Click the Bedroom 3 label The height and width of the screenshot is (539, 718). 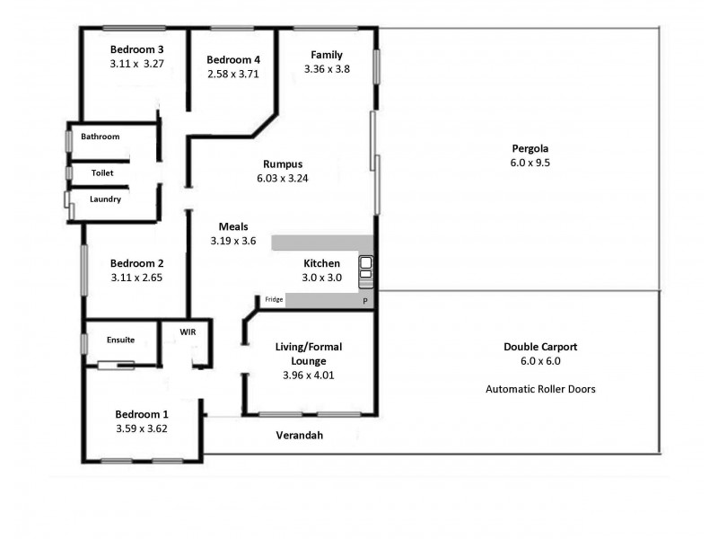click(136, 49)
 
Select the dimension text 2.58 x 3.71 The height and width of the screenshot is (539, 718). click(232, 75)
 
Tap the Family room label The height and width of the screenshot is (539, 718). click(327, 54)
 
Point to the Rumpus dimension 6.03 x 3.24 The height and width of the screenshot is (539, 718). click(282, 179)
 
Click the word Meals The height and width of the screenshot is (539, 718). click(232, 226)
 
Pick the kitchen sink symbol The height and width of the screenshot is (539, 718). click(366, 270)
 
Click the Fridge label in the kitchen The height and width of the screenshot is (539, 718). click(273, 300)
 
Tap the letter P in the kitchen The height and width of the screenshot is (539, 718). click(365, 302)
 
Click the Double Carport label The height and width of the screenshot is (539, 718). click(539, 346)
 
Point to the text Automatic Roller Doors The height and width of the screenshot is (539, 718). click(540, 389)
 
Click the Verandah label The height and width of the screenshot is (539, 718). click(298, 435)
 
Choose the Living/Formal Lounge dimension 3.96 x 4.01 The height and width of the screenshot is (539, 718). click(309, 376)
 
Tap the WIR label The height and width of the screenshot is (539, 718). click(188, 331)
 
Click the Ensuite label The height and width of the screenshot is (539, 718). click(120, 340)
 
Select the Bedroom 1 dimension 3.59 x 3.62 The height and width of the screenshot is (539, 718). click(142, 429)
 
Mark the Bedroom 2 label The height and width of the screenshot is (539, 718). click(136, 263)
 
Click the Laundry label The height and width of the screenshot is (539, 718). click(105, 199)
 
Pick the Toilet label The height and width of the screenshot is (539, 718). click(102, 172)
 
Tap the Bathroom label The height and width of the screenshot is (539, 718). click(100, 137)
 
